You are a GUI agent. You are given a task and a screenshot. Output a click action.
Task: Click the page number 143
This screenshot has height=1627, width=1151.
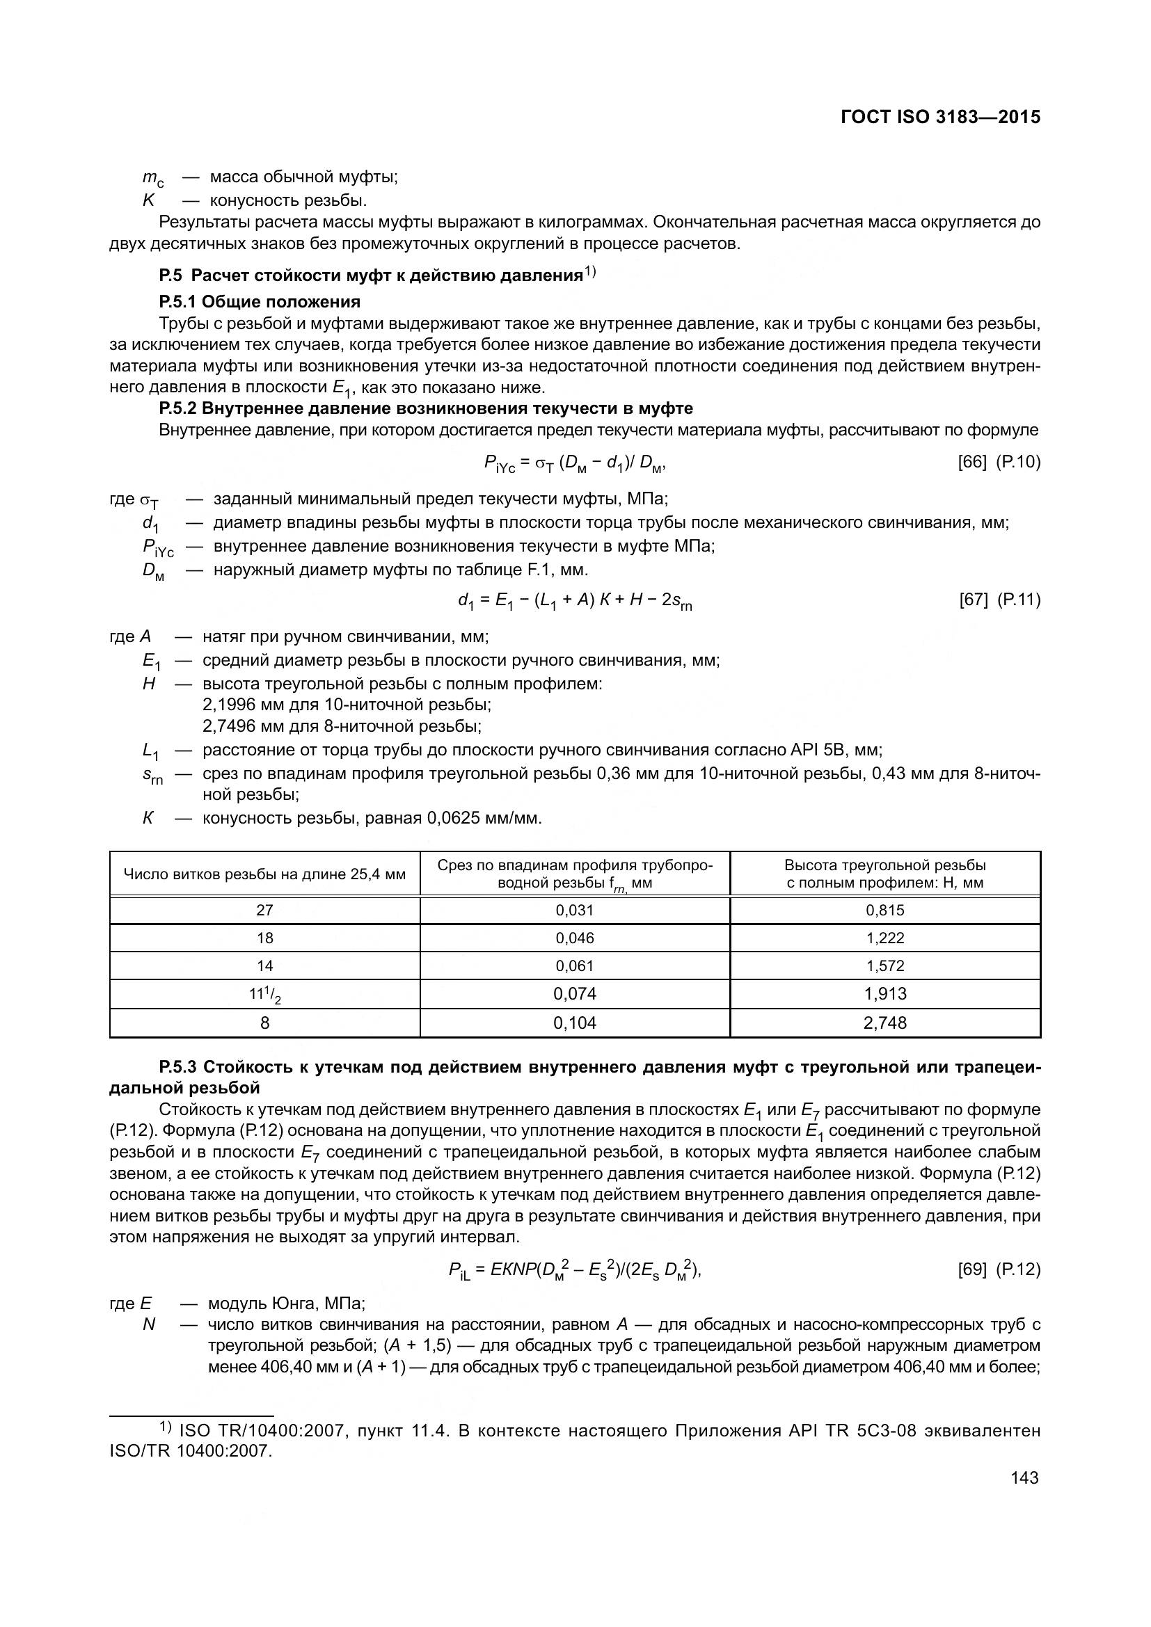pyautogui.click(x=1025, y=1477)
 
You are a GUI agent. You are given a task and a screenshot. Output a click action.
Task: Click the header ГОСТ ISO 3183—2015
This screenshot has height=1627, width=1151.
pyautogui.click(x=941, y=118)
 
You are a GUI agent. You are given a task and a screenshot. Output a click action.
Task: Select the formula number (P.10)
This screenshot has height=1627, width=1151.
pyautogui.click(x=1019, y=462)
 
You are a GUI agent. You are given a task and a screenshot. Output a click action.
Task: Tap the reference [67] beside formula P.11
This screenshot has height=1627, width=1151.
pyautogui.click(x=973, y=600)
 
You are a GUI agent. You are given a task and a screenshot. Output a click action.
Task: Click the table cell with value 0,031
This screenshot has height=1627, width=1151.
pyautogui.click(x=574, y=911)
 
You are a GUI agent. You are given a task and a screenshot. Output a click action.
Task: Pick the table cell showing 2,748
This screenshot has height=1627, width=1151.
pyautogui.click(x=884, y=1023)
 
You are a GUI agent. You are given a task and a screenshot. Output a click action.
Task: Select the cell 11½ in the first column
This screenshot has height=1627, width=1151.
pyautogui.click(x=264, y=995)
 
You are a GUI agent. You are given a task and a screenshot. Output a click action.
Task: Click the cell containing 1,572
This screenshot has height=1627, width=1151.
pyautogui.click(x=884, y=966)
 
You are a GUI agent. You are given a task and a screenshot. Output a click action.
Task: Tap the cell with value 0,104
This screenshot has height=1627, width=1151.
pyautogui.click(x=574, y=1023)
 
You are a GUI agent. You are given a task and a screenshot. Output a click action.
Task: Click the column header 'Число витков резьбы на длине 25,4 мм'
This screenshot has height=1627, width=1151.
pyautogui.click(x=264, y=874)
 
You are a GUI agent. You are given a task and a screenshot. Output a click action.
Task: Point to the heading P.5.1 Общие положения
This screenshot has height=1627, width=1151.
pyautogui.click(x=260, y=302)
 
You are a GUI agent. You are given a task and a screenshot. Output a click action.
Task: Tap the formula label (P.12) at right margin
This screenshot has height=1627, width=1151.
pyautogui.click(x=1019, y=1269)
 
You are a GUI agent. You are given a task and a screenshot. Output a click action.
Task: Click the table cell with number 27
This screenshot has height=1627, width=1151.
pyautogui.click(x=264, y=911)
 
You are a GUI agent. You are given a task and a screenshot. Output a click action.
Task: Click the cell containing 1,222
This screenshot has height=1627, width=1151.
pyautogui.click(x=884, y=938)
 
